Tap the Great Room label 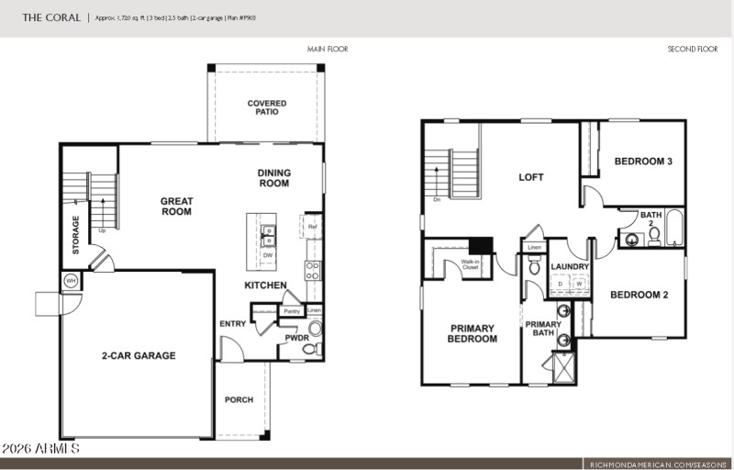[176, 207]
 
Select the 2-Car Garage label [138, 355]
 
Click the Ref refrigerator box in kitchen [313, 227]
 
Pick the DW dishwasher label [268, 255]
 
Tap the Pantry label [292, 311]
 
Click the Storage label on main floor [76, 235]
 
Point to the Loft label [531, 177]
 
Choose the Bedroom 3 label [643, 162]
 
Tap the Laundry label [569, 266]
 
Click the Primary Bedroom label [472, 334]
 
